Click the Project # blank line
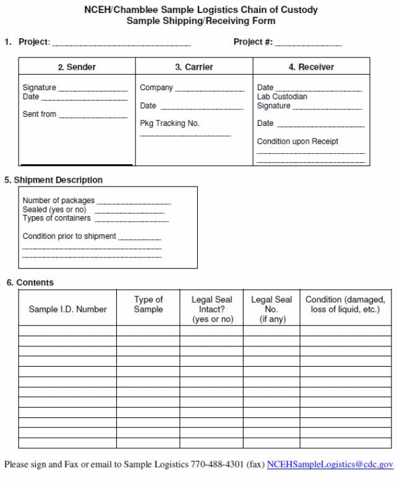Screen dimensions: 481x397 [x=308, y=44]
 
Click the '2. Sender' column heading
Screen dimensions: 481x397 [x=77, y=67]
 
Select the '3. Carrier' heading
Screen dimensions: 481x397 [x=194, y=67]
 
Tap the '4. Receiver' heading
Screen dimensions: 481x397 [x=311, y=67]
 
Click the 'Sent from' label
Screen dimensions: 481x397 [x=40, y=114]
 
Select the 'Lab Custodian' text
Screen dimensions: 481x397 [x=282, y=97]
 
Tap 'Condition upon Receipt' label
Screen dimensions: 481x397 [x=297, y=141]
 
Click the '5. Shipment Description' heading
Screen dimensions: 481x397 [x=53, y=180]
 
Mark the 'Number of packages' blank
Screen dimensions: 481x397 [x=134, y=203]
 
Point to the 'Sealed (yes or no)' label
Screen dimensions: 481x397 [x=54, y=209]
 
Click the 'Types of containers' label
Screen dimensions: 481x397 [x=56, y=218]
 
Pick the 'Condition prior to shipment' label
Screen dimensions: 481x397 [x=69, y=236]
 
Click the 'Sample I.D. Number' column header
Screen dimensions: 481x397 [x=67, y=309]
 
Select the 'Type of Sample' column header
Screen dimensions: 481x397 [x=148, y=304]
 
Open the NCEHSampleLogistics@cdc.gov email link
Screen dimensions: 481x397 [x=330, y=464]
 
